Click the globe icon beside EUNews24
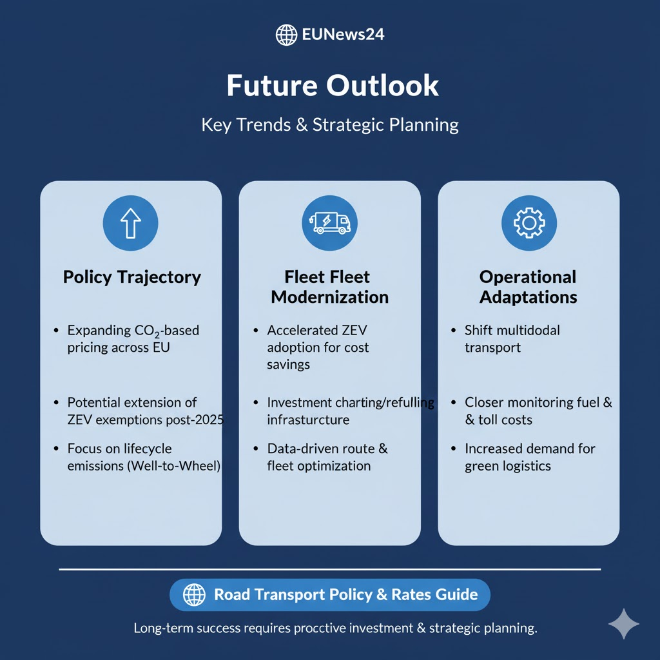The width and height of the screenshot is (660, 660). pyautogui.click(x=286, y=35)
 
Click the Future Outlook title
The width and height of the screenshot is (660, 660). pyautogui.click(x=333, y=86)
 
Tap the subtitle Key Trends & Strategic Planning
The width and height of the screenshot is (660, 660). pyautogui.click(x=330, y=125)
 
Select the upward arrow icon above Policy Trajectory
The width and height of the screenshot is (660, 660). pyautogui.click(x=130, y=223)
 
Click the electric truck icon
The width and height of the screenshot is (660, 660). pyautogui.click(x=329, y=223)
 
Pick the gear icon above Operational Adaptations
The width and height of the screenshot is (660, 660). pyautogui.click(x=529, y=223)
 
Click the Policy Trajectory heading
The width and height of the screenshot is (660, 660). pyautogui.click(x=131, y=277)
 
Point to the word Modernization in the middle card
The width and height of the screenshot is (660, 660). pyautogui.click(x=329, y=297)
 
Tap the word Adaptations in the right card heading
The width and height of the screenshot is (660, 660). pyautogui.click(x=529, y=297)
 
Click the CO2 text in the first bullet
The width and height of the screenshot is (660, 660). pyautogui.click(x=147, y=331)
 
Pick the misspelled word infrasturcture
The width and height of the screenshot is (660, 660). pyautogui.click(x=308, y=420)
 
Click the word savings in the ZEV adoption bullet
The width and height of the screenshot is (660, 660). pyautogui.click(x=288, y=365)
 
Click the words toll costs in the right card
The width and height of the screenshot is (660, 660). pyautogui.click(x=505, y=420)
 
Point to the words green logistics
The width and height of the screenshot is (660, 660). pyautogui.click(x=508, y=467)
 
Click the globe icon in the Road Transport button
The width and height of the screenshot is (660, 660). pyautogui.click(x=194, y=595)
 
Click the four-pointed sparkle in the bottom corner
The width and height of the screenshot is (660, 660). pyautogui.click(x=624, y=624)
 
